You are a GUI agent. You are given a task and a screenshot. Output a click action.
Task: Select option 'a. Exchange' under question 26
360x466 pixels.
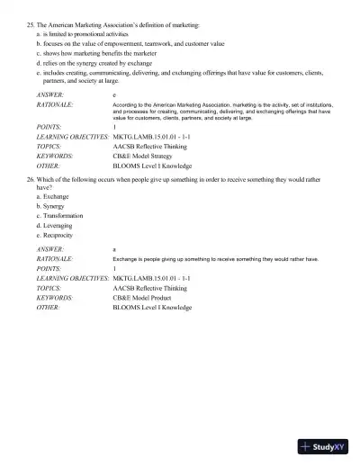coord(57,196)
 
